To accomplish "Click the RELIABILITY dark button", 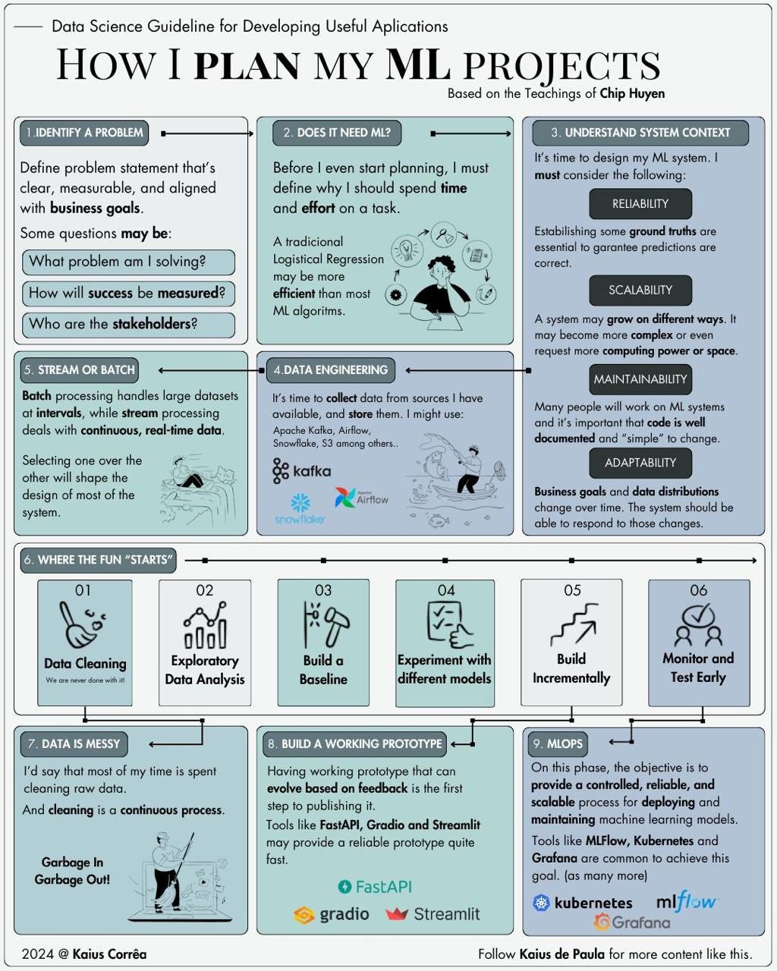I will (640, 204).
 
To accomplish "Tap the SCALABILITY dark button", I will (640, 290).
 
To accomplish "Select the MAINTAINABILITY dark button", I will (640, 379).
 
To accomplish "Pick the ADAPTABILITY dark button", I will (640, 463).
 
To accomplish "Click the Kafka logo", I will (301, 471).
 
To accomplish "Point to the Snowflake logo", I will (300, 509).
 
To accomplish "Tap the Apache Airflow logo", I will (361, 498).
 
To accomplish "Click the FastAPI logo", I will (375, 887).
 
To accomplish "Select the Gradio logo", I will (332, 914).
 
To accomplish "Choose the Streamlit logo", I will (433, 914).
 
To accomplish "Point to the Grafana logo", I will (632, 922).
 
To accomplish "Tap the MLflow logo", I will (686, 902).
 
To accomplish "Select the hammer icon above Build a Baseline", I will (323, 624).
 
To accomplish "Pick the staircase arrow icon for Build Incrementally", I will (573, 625).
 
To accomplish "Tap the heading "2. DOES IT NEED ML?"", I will (337, 133).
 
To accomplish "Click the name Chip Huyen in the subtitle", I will (631, 94).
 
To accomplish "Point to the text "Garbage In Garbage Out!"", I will (72, 871).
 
